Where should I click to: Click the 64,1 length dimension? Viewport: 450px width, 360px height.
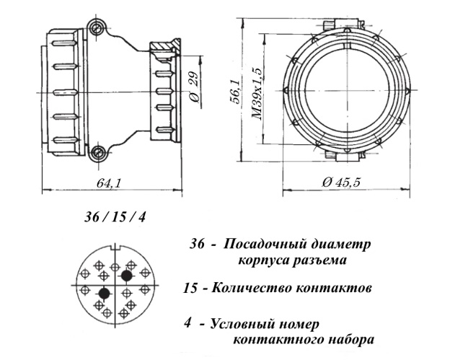coord(107,183)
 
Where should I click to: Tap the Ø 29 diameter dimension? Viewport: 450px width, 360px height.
coord(194,87)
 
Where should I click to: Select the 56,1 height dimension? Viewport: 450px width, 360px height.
coord(234,92)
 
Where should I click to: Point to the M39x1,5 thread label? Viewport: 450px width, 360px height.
coord(257,94)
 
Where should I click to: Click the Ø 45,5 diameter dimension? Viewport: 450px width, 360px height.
coord(340,183)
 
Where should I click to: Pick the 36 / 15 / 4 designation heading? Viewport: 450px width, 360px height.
coord(115,217)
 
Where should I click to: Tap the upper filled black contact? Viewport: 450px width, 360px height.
coord(127,276)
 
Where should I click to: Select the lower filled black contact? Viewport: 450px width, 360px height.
coord(104,294)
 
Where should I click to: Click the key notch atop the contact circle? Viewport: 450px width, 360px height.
coord(115,247)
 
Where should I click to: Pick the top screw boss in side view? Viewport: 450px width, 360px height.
coord(97,27)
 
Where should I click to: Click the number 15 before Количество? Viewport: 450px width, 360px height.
coord(190,288)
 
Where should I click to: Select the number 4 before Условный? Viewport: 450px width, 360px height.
coord(187,324)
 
